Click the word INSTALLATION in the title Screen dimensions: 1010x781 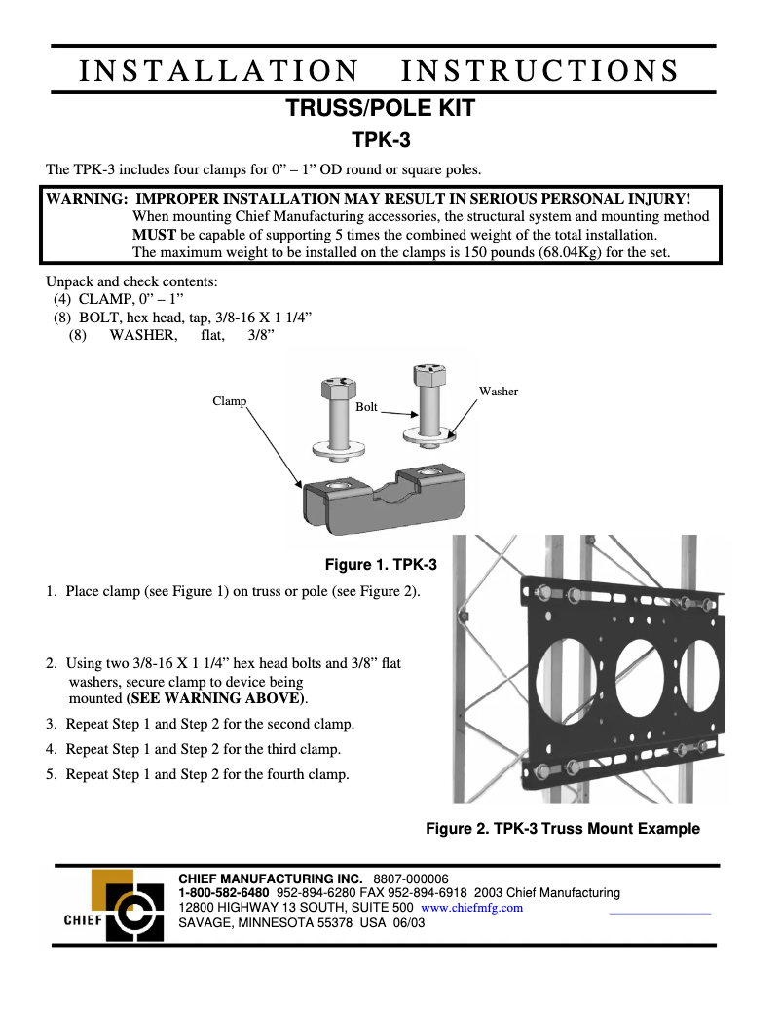point(218,71)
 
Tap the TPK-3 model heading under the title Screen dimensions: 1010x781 point(381,140)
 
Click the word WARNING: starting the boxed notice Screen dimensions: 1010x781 point(87,199)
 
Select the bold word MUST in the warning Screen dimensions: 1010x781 point(154,235)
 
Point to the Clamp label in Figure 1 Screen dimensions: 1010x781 point(229,401)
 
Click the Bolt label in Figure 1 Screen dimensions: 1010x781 point(366,407)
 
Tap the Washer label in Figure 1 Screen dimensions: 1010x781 point(498,392)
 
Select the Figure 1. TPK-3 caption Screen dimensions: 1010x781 point(381,565)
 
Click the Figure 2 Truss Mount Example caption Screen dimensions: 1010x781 point(563,829)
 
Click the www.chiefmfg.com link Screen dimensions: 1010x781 point(471,907)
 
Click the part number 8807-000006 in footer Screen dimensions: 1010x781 point(411,879)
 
